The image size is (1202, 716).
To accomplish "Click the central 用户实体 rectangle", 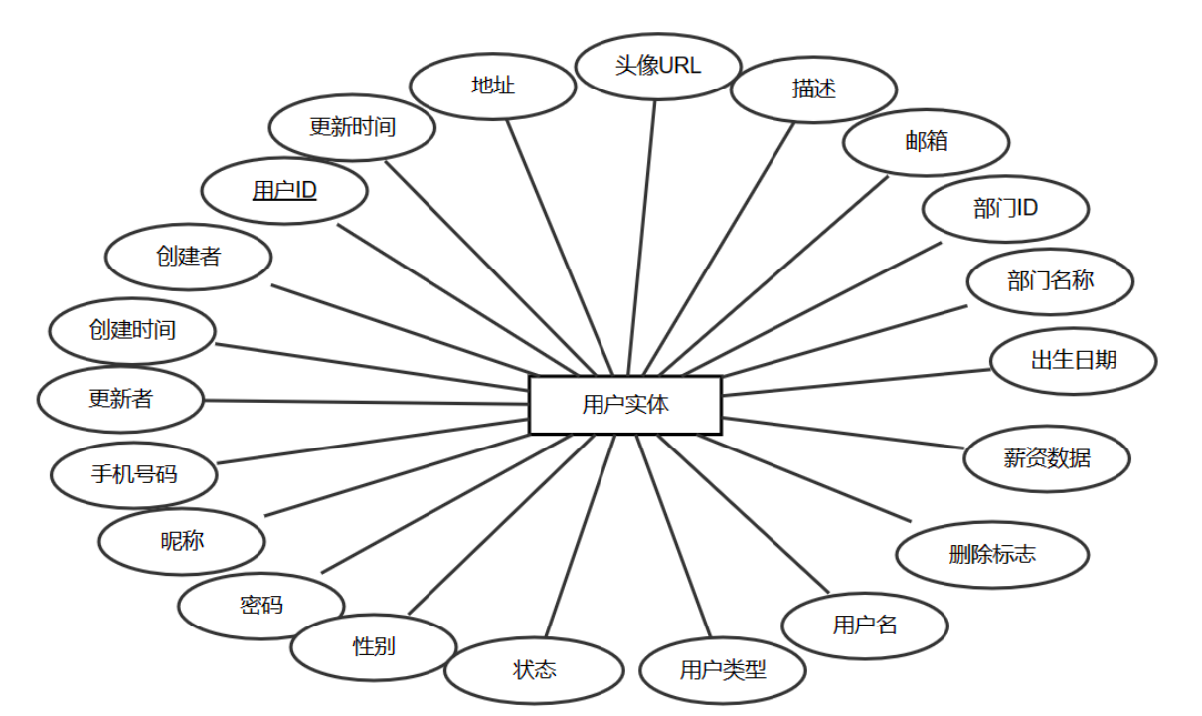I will click(625, 405).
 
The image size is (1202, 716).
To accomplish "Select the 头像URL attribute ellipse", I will click(658, 66).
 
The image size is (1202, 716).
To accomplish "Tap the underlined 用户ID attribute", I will click(284, 190).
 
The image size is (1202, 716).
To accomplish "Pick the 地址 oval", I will click(493, 86).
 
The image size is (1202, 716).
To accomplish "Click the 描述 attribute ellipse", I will click(813, 89).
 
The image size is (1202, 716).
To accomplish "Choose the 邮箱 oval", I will click(926, 141).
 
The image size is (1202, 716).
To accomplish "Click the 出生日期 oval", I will click(1074, 359).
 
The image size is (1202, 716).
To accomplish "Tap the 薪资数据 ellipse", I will click(1047, 458).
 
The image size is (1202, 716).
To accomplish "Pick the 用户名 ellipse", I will click(865, 626).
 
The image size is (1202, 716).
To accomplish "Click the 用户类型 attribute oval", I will click(723, 670).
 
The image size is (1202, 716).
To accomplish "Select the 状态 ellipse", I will click(534, 670).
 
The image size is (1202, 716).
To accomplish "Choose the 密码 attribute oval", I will click(261, 605).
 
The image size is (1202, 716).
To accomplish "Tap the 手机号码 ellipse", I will click(134, 473).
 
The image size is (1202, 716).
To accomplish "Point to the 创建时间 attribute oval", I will click(132, 330).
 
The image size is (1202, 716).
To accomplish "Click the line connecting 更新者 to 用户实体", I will click(368, 402).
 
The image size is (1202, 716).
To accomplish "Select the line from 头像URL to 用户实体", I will click(643, 239).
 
